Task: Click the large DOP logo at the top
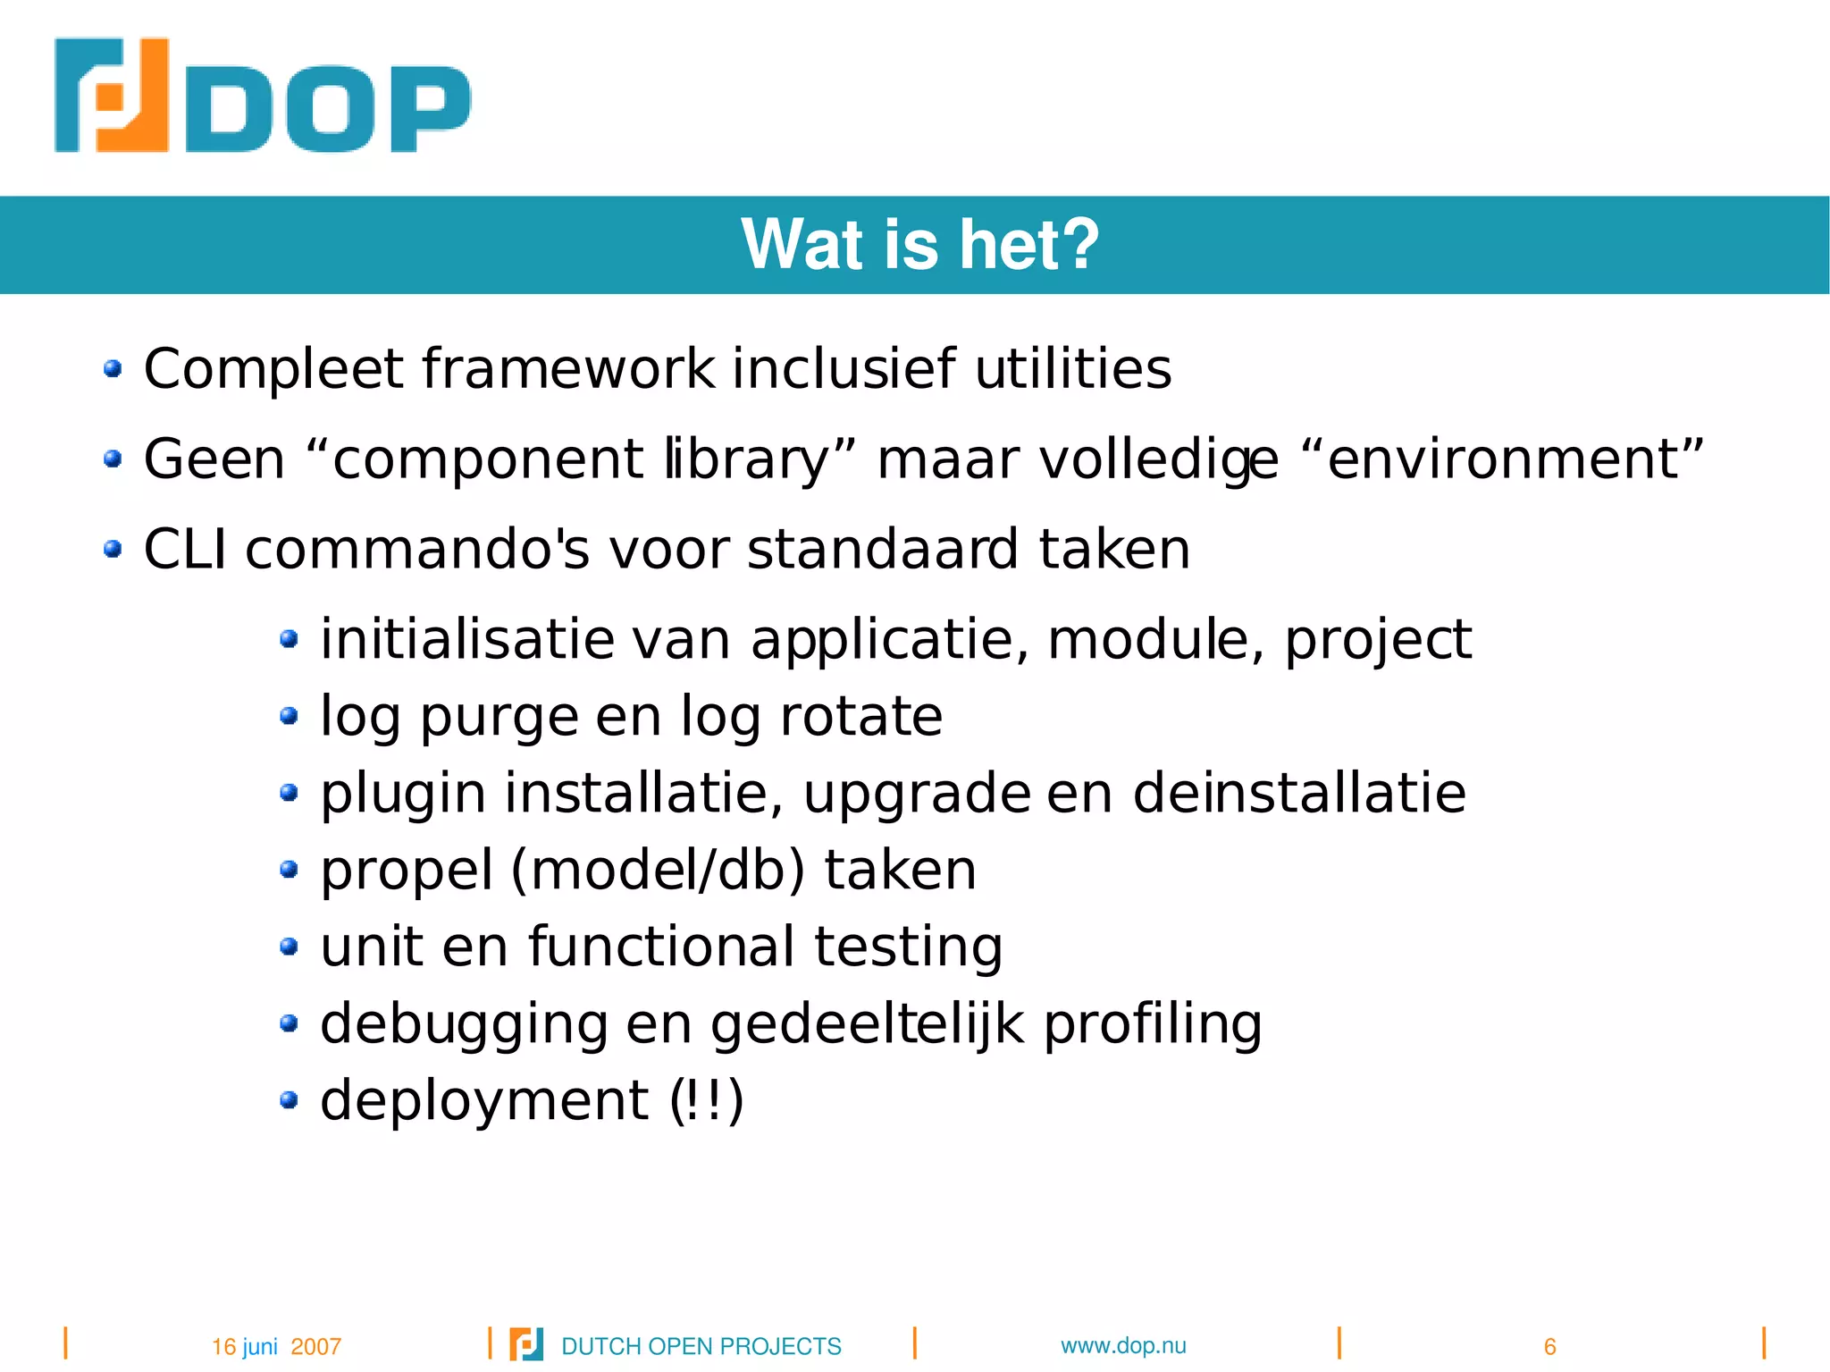point(262,96)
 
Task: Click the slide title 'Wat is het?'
point(919,244)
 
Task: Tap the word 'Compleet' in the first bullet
point(273,368)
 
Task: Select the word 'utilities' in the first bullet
point(1072,368)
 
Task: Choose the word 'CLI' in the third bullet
point(184,549)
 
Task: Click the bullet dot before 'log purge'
point(288,715)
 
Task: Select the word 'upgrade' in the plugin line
point(917,794)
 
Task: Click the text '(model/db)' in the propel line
point(658,870)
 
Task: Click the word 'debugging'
point(463,1024)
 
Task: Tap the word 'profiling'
point(1152,1024)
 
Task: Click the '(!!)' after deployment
point(707,1100)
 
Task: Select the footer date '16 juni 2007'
point(276,1346)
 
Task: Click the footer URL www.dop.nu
point(1123,1345)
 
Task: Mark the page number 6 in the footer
point(1549,1346)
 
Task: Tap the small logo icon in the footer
point(525,1344)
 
